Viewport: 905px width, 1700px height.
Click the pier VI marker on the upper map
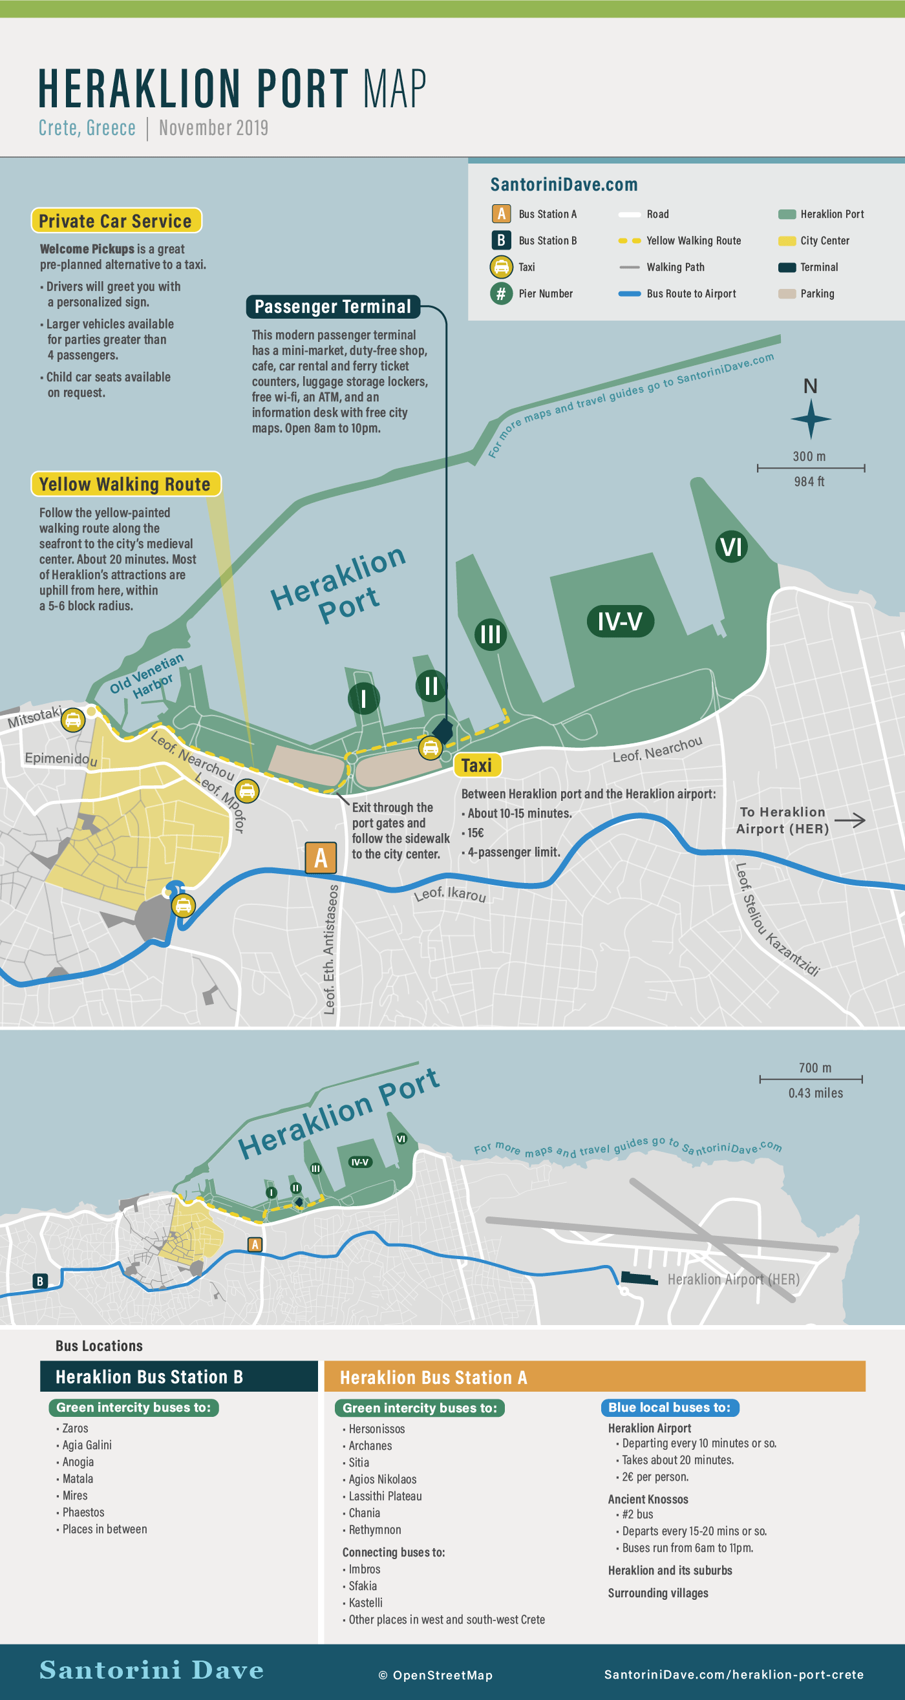pos(730,547)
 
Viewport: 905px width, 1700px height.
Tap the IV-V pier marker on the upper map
pos(620,621)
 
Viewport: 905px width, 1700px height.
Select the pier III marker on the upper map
pos(491,634)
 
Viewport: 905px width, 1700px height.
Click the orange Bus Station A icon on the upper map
pos(321,858)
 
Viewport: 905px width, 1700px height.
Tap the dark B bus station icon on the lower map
pos(39,1281)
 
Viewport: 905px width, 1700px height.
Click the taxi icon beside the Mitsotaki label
pos(72,719)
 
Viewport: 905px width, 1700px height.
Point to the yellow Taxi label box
pos(476,765)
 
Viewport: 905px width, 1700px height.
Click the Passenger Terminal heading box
pos(333,307)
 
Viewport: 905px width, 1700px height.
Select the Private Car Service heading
pos(116,221)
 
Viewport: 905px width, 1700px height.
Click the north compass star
pos(811,418)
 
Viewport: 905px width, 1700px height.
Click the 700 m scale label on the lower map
pos(814,1068)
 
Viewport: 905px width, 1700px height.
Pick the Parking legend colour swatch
pos(787,293)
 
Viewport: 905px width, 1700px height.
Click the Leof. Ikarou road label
pos(449,894)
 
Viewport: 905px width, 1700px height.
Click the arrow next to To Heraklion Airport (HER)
pos(849,820)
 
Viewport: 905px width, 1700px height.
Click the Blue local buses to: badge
pos(669,1408)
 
